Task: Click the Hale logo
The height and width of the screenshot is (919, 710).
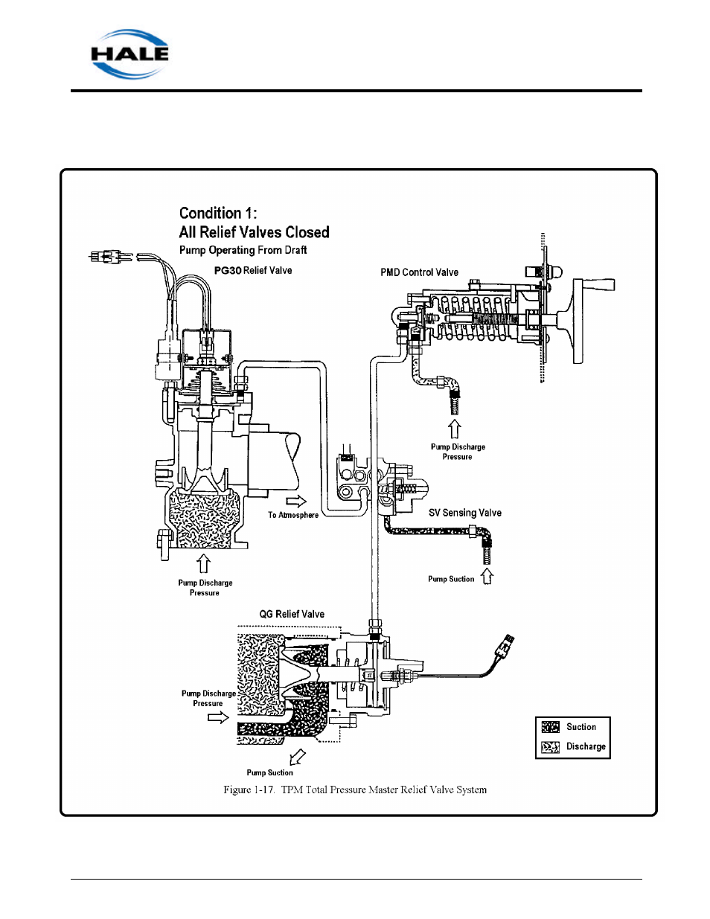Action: point(129,54)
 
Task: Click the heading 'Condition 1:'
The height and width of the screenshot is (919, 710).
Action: point(218,214)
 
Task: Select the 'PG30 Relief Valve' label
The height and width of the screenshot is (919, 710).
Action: point(253,271)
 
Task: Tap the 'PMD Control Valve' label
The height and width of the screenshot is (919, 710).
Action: point(419,272)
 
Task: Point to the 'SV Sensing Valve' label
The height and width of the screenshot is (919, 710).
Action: point(464,513)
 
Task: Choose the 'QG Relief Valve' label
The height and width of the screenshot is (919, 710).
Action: point(292,614)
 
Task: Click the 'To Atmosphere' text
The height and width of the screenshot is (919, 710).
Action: point(293,515)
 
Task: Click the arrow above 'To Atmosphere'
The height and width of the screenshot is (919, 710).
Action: point(296,501)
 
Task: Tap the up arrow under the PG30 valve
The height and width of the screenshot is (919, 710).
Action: point(203,563)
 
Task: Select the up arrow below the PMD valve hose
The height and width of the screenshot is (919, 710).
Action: point(454,429)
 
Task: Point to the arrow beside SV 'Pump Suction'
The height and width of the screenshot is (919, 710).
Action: point(487,576)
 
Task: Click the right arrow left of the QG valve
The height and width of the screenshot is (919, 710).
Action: point(218,717)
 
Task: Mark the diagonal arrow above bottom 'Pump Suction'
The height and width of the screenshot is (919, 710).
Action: point(297,757)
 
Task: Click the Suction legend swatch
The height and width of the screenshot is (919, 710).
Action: point(550,727)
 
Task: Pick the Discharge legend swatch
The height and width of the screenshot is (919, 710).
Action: point(550,747)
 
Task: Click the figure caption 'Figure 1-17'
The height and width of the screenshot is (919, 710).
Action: point(354,790)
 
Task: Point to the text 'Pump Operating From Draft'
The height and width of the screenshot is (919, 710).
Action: point(243,250)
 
